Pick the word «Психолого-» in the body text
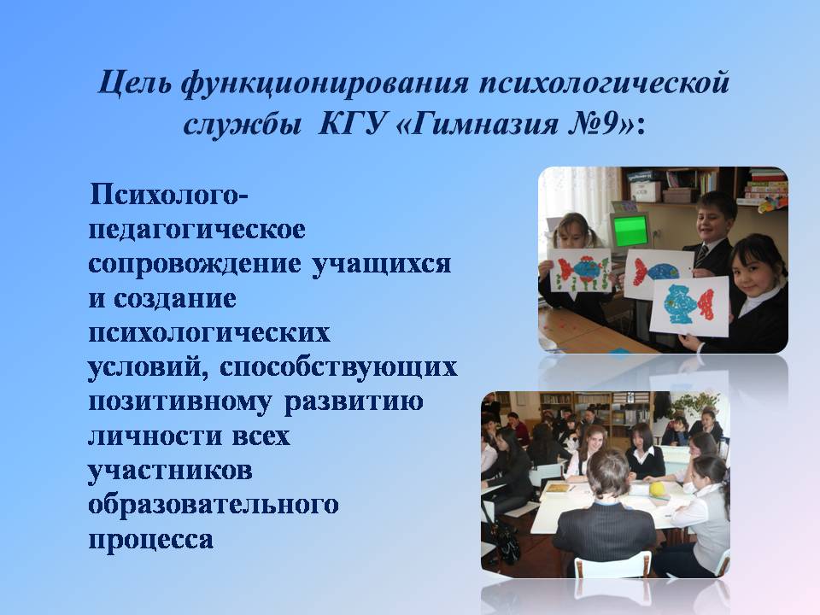(169, 195)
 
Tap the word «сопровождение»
(195, 265)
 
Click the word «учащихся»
(381, 264)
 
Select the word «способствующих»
(338, 367)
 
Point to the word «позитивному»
(180, 402)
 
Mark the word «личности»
(155, 436)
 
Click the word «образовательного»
(214, 505)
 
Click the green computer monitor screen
(630, 231)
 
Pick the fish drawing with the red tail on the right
(690, 306)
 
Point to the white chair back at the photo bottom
(612, 565)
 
